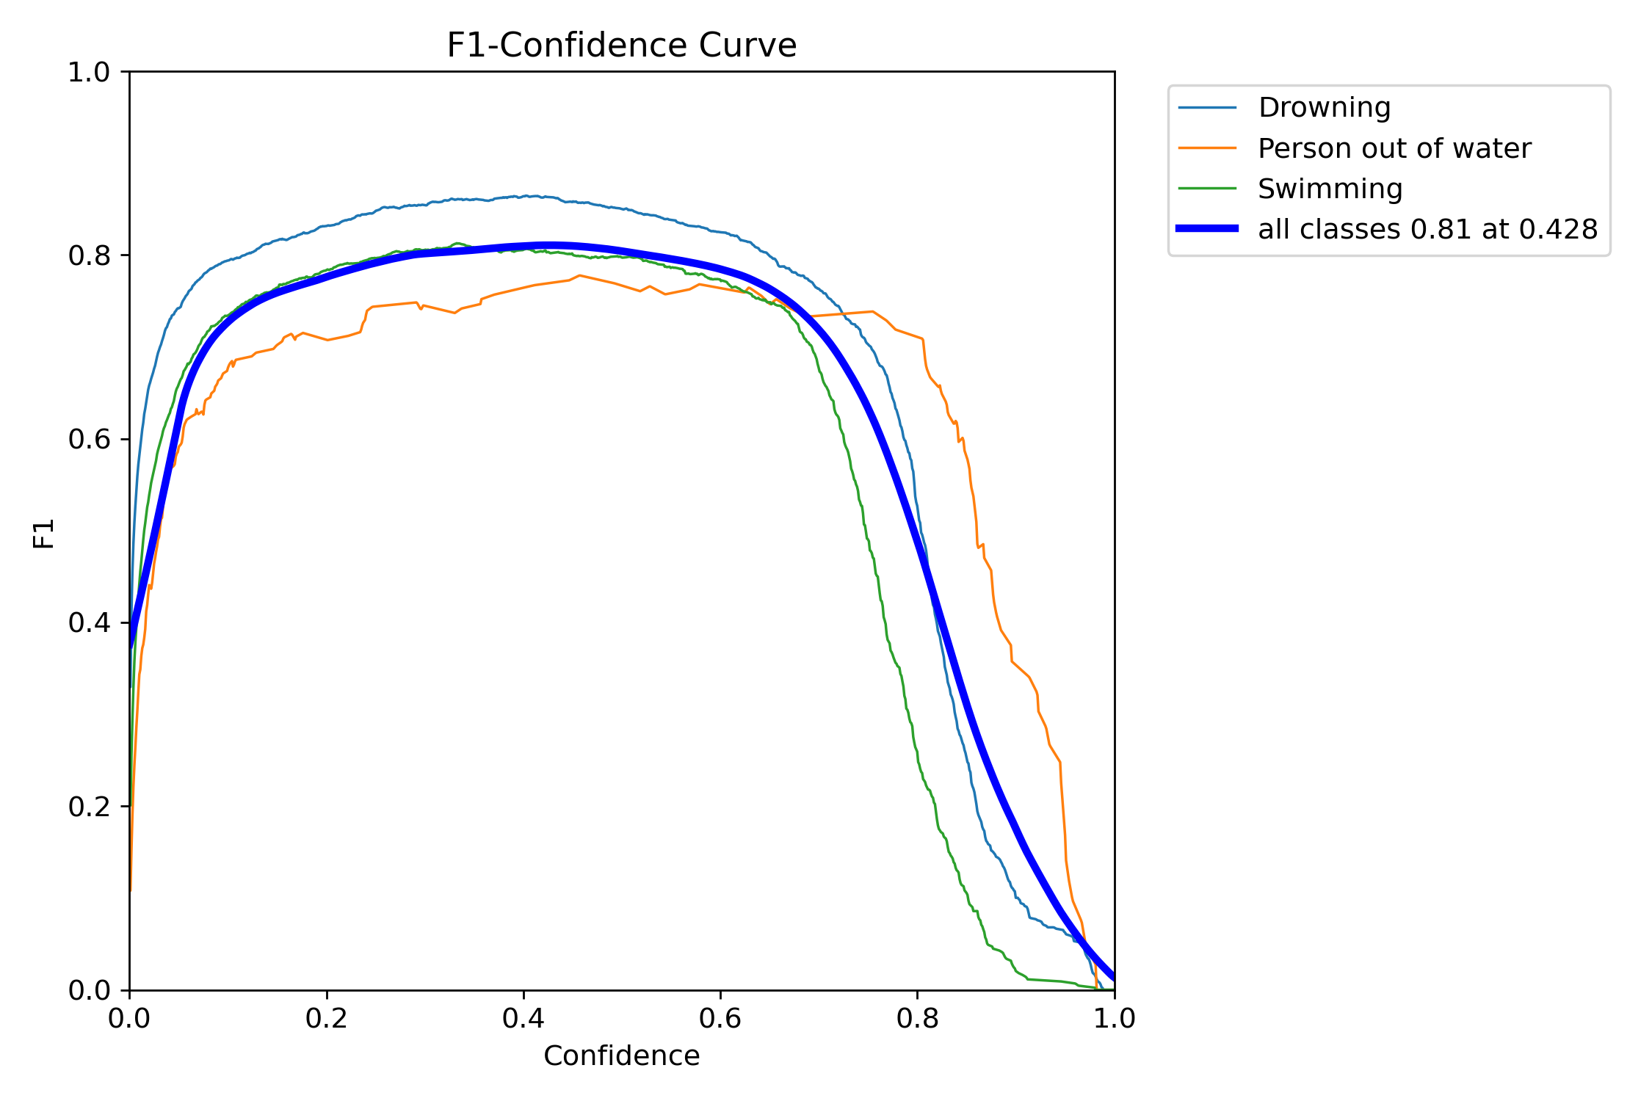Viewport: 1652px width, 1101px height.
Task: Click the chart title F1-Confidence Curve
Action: [621, 46]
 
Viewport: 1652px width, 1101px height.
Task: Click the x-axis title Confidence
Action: [621, 1055]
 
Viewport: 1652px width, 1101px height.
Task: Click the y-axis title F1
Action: [44, 533]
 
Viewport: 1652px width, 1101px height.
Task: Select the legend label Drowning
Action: [1324, 108]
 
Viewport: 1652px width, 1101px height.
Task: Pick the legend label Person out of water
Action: [1394, 149]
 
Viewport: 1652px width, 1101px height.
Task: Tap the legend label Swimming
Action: [1330, 189]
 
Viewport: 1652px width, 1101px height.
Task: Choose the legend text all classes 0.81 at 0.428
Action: [1427, 230]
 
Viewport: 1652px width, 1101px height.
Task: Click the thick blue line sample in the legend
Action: [1207, 229]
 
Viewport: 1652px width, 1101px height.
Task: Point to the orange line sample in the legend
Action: [1207, 148]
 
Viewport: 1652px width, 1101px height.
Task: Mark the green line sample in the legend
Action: [1207, 189]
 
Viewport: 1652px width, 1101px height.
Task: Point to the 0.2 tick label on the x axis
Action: [326, 1019]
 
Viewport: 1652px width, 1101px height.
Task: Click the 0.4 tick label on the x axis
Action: [524, 1019]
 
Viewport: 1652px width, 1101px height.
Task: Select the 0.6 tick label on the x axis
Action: [720, 1019]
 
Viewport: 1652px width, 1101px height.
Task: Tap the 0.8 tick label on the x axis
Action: [917, 1019]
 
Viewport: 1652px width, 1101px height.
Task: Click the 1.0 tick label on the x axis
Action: [1114, 1019]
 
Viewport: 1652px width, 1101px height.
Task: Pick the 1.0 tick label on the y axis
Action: [88, 73]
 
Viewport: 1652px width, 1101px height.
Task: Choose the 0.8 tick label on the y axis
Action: [88, 256]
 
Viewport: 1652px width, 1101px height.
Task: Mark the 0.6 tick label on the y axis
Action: [88, 440]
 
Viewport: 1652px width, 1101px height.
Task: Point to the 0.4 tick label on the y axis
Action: [88, 623]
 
